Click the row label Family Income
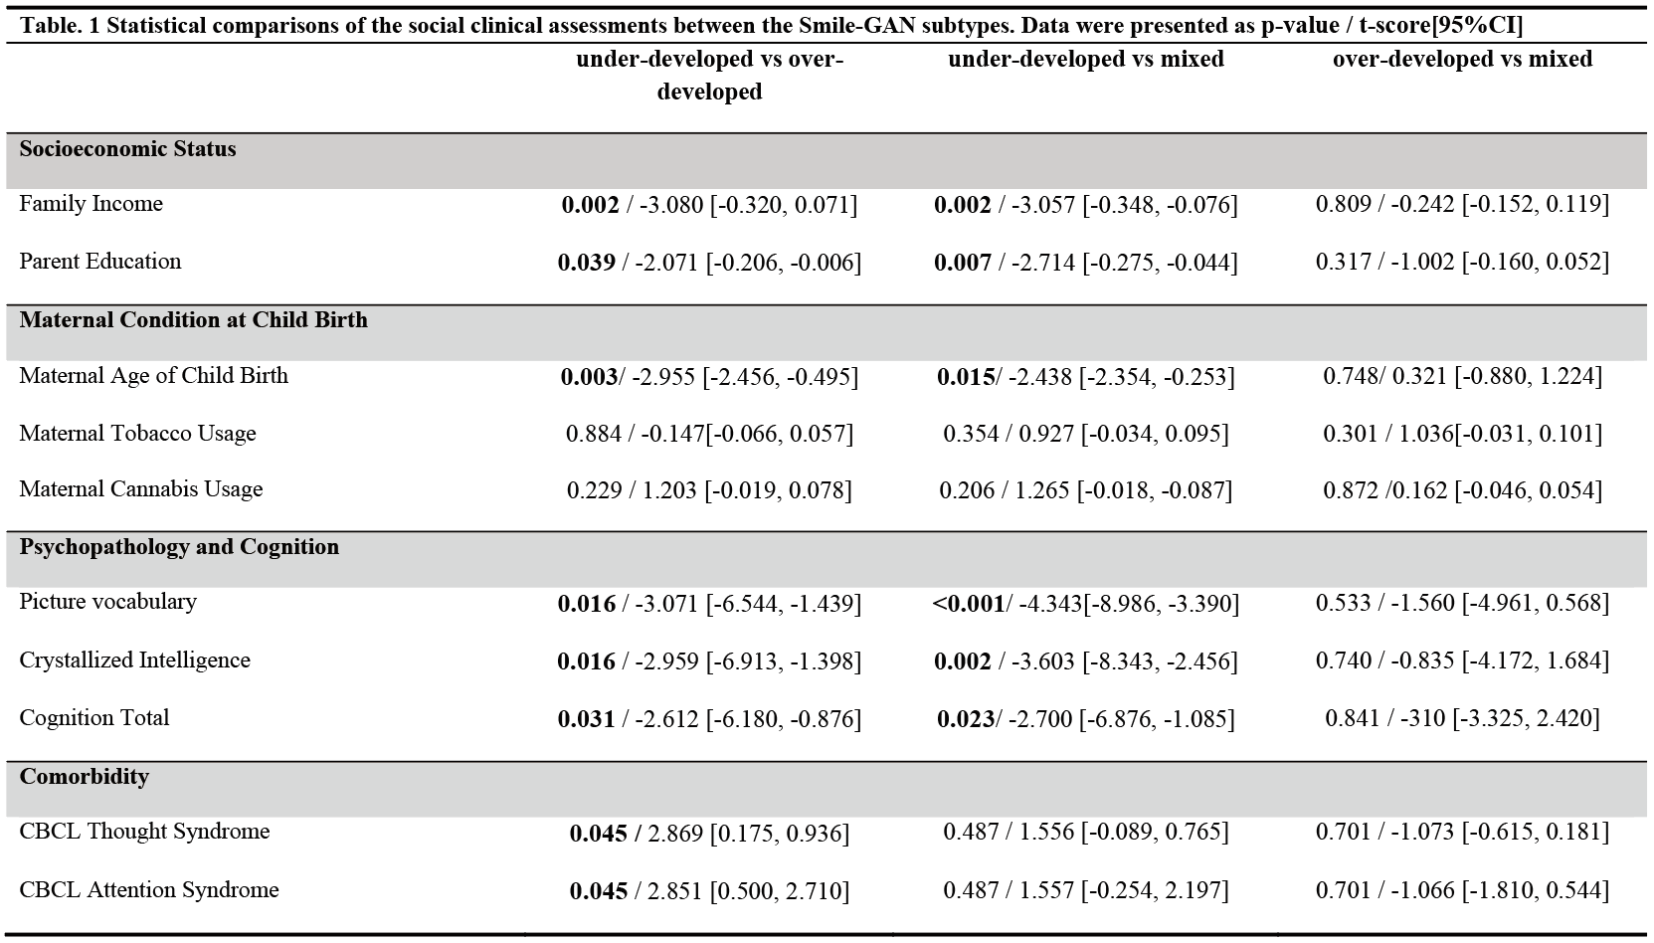(91, 203)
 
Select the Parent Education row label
(99, 261)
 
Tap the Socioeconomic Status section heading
(127, 148)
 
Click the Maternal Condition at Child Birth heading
(194, 319)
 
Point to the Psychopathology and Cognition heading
(179, 546)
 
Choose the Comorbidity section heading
(85, 776)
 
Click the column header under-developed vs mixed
(1086, 59)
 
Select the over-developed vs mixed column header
(1463, 59)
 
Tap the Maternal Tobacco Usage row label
(137, 433)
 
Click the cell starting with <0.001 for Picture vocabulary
(1086, 604)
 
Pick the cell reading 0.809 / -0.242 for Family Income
(1463, 204)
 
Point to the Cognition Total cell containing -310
(1463, 718)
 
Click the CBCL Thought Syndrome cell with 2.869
(709, 833)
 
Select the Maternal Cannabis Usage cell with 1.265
(1086, 489)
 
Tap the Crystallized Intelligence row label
(134, 660)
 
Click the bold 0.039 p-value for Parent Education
(586, 263)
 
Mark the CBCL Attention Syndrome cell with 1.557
(1086, 890)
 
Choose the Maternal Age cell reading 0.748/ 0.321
(1463, 377)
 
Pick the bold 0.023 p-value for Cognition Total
(966, 718)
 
